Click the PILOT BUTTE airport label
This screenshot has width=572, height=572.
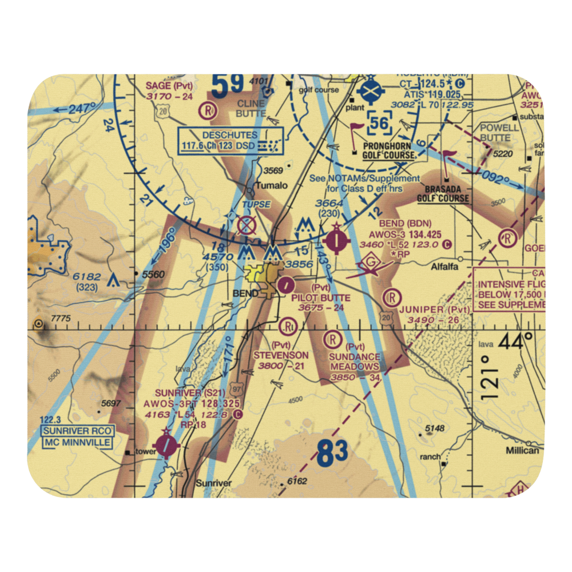pyautogui.click(x=320, y=297)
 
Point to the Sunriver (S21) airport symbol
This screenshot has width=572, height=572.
pyautogui.click(x=166, y=444)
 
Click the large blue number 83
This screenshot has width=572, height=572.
pyautogui.click(x=332, y=454)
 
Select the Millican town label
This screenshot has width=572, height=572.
pyautogui.click(x=522, y=450)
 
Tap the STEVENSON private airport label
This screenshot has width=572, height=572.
pyautogui.click(x=281, y=355)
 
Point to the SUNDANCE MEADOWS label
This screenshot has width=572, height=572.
pyautogui.click(x=354, y=362)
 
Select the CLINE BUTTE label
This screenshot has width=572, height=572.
pyautogui.click(x=251, y=108)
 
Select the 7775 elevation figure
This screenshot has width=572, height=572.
pyautogui.click(x=61, y=319)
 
